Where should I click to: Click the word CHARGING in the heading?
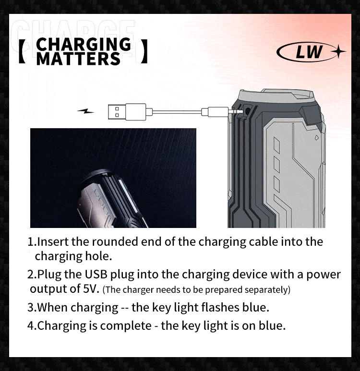pos(84,44)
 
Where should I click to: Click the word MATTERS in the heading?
pos(78,59)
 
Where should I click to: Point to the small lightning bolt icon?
pos(86,111)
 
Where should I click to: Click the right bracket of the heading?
pos(144,52)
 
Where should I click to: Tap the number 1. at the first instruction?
pos(32,242)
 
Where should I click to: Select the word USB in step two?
pos(97,275)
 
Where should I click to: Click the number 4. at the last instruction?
pos(32,325)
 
